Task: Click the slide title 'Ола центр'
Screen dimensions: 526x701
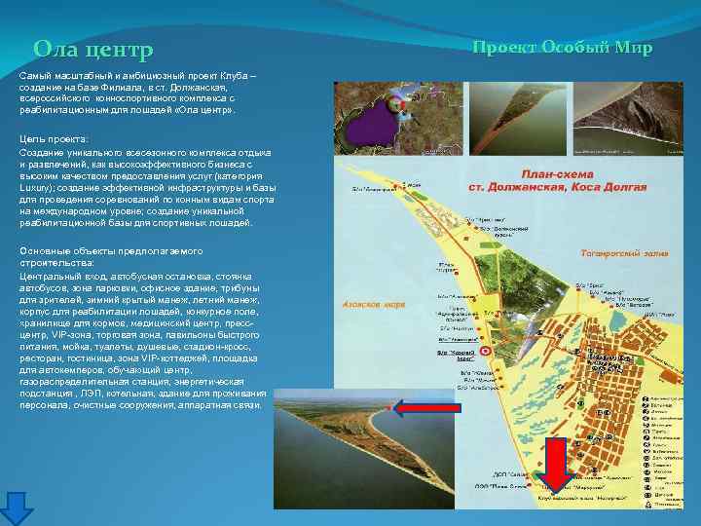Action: [93, 49]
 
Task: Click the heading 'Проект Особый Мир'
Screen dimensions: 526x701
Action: [562, 48]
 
